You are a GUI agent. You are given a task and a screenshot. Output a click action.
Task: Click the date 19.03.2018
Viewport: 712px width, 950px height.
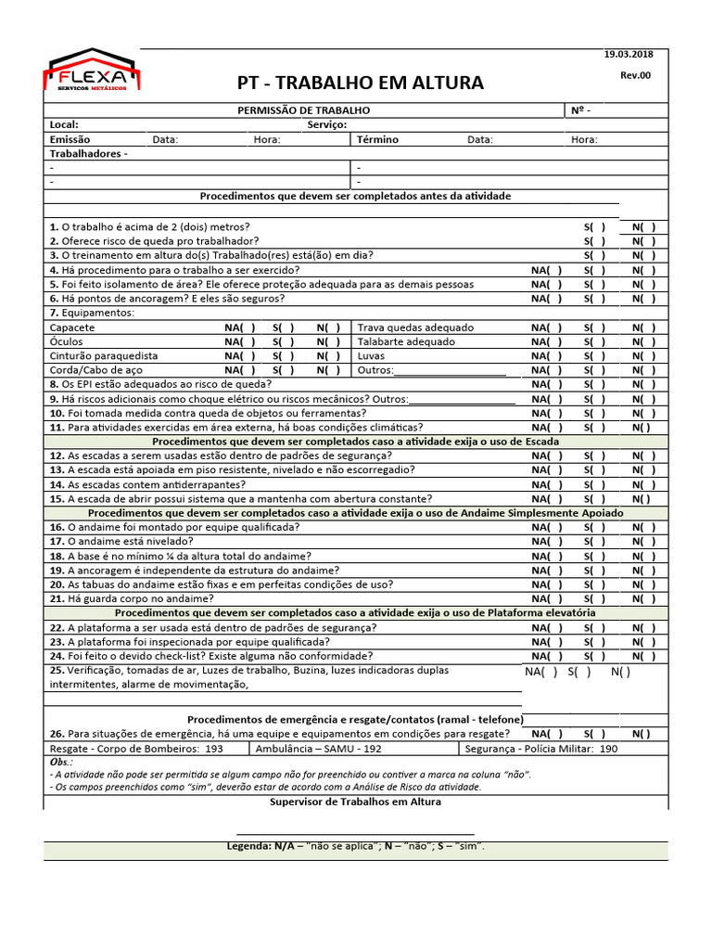tap(628, 56)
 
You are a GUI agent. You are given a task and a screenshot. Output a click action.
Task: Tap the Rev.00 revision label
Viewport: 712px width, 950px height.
tap(635, 75)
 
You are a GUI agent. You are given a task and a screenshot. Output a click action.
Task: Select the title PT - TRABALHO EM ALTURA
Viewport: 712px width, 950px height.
tap(361, 83)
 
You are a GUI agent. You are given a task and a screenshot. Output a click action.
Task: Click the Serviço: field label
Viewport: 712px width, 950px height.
tap(326, 125)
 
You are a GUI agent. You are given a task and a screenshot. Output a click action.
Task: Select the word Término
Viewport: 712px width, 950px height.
tap(377, 140)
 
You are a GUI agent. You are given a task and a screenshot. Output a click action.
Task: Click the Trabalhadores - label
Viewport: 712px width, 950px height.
tap(88, 154)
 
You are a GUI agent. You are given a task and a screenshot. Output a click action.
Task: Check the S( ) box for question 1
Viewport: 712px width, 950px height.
tap(594, 227)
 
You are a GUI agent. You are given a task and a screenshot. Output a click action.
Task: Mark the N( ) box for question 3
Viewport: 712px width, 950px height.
tap(643, 256)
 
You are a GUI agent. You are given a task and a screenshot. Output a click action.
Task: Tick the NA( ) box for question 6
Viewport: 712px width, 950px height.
tap(547, 299)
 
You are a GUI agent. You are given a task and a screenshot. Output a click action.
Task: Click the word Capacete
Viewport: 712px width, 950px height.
tap(71, 327)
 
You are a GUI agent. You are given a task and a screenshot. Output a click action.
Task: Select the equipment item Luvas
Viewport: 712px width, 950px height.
tap(371, 356)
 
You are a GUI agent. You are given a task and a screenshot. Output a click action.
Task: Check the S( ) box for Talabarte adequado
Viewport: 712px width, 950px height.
tap(594, 341)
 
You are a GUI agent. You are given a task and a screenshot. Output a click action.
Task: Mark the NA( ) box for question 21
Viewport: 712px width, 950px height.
tap(547, 598)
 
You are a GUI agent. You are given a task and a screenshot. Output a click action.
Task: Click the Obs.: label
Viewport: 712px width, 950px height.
tap(61, 762)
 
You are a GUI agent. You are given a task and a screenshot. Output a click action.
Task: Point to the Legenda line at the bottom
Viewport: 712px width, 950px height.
tap(356, 846)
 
